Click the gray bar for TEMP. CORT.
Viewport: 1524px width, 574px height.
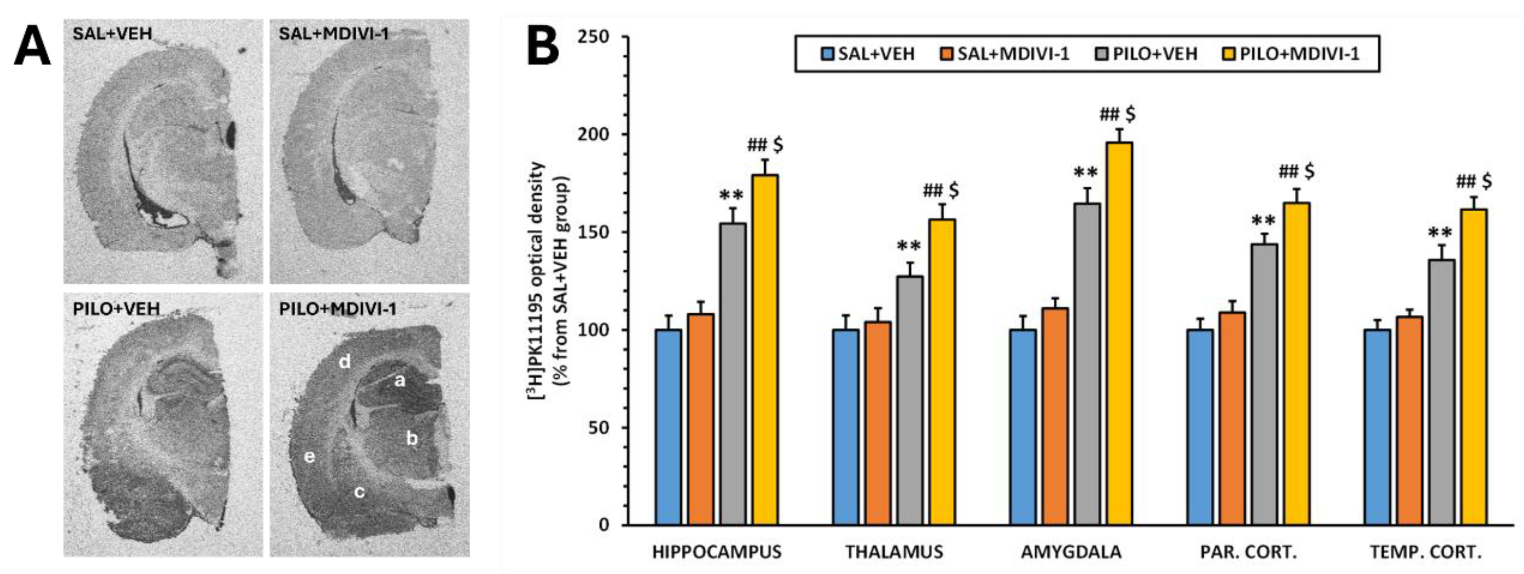point(1442,392)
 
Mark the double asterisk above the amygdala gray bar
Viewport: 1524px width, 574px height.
point(1086,173)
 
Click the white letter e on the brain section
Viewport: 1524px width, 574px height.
point(309,456)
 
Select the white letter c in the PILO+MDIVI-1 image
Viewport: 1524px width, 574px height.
point(359,491)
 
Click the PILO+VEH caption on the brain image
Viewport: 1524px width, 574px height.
point(116,308)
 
